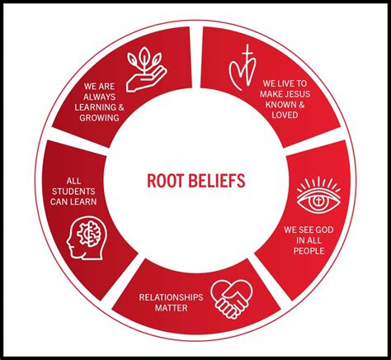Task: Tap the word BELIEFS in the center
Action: (217, 181)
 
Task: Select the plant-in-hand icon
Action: (147, 69)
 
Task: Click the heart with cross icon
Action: (243, 68)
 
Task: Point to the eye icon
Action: (318, 196)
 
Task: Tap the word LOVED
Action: (285, 115)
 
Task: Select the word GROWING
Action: (99, 118)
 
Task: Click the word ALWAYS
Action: (99, 97)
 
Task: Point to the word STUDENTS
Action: (73, 192)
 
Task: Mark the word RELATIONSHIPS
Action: (171, 297)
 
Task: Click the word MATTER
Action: (171, 308)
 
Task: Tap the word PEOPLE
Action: (309, 251)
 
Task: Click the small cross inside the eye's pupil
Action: (318, 201)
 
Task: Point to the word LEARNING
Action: (94, 107)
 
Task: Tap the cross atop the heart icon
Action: (247, 54)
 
